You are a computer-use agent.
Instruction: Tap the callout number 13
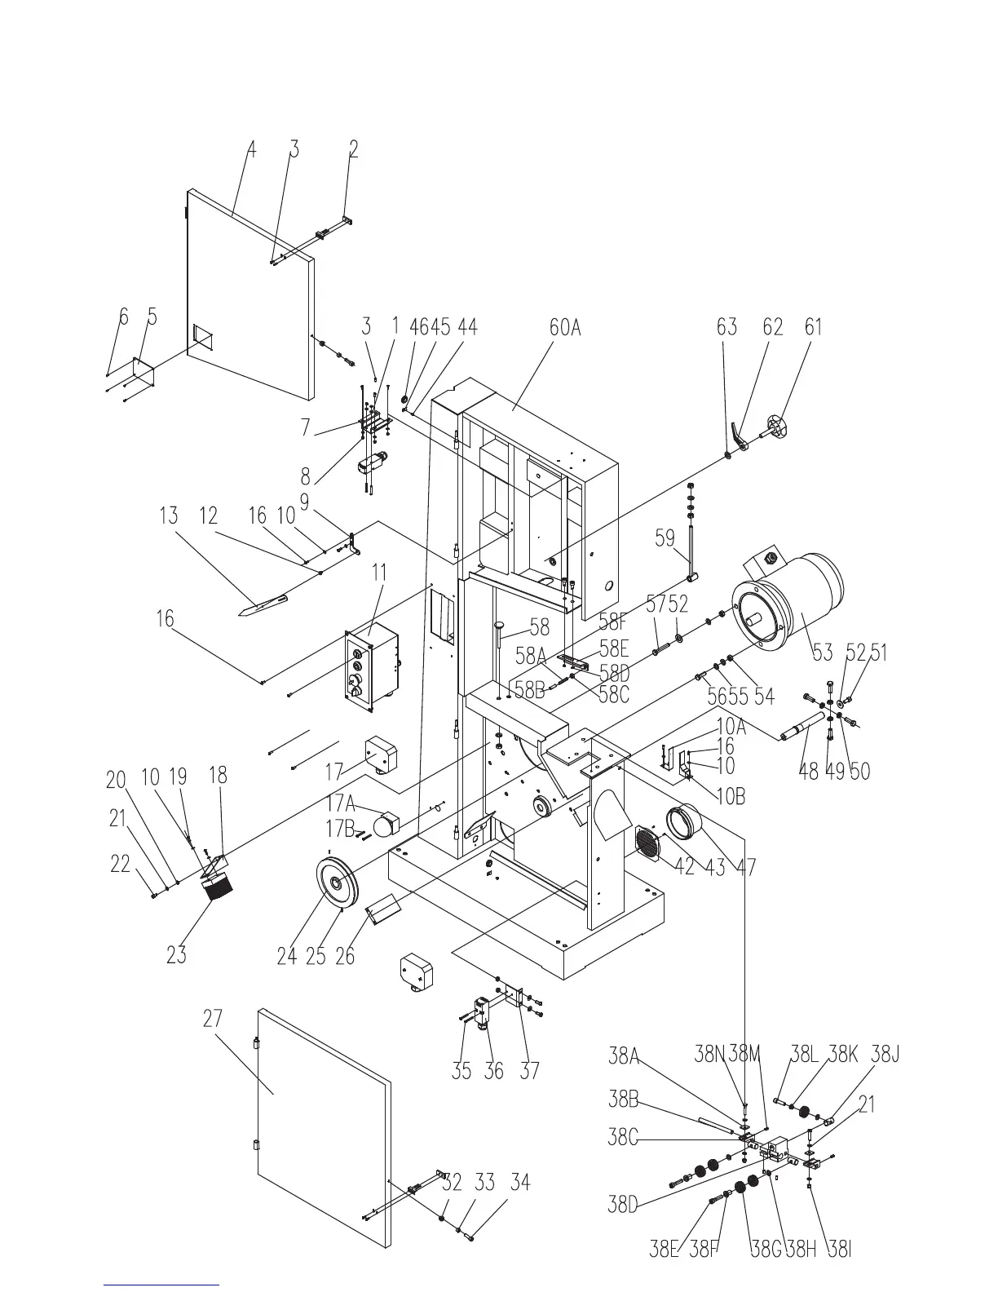pyautogui.click(x=168, y=516)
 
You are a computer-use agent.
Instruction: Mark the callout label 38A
pyautogui.click(x=624, y=1056)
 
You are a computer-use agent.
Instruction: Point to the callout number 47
pyautogui.click(x=745, y=867)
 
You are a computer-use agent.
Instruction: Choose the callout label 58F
pyautogui.click(x=615, y=624)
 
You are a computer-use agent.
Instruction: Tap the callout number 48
pyautogui.click(x=808, y=772)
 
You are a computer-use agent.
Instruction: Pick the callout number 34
pyautogui.click(x=520, y=1183)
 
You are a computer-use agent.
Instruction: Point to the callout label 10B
pyautogui.click(x=730, y=796)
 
